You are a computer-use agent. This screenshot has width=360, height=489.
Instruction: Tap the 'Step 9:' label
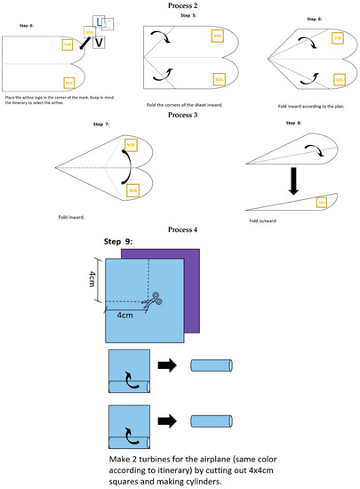point(124,242)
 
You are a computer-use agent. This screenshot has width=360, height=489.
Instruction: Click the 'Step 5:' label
point(190,15)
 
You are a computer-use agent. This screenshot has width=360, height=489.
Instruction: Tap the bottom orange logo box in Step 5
point(217,79)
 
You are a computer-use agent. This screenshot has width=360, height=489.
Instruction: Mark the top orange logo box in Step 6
point(337,37)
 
